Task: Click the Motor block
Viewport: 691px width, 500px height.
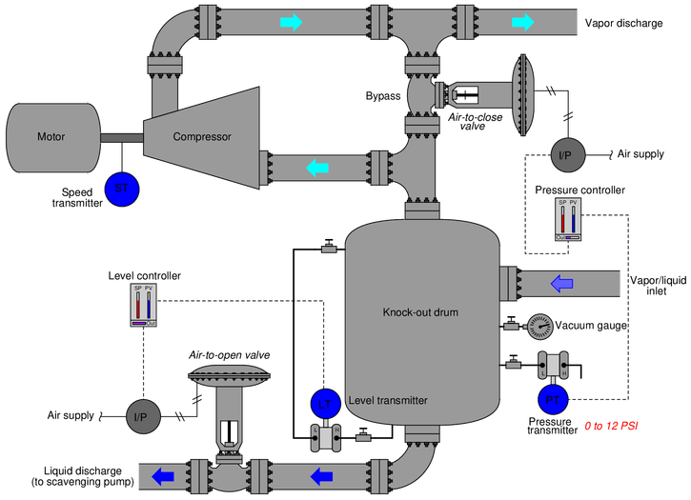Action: click(51, 136)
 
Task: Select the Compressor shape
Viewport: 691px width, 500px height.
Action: click(203, 136)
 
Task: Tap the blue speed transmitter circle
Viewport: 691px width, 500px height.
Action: click(120, 188)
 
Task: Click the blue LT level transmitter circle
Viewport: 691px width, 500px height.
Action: click(324, 404)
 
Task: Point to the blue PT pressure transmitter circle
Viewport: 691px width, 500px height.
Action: click(554, 397)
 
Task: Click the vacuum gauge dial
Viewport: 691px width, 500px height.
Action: click(539, 326)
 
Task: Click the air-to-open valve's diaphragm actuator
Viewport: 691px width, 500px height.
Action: click(226, 374)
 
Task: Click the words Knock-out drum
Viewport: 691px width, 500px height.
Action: click(396, 312)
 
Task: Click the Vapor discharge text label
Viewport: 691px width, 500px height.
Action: click(623, 22)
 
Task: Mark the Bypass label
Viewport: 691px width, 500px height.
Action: click(382, 96)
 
